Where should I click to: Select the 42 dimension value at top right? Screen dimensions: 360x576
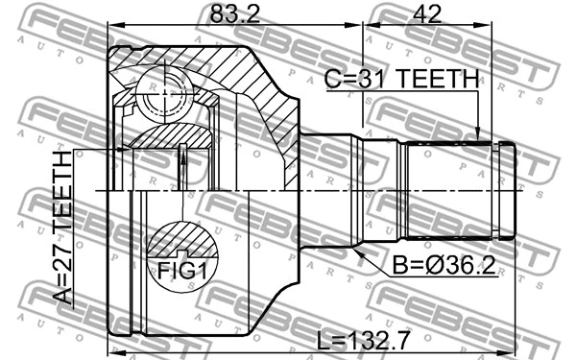[x=430, y=14]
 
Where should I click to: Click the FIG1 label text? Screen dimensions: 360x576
[x=180, y=271]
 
